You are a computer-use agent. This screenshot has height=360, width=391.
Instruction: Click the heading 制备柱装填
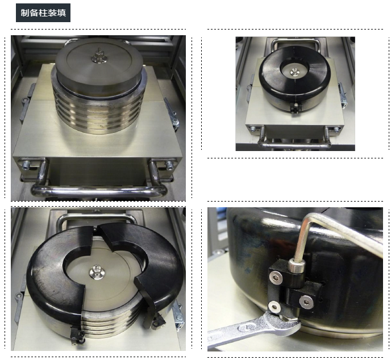[x=43, y=12]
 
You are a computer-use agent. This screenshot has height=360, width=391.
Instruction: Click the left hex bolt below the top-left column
[x=26, y=165]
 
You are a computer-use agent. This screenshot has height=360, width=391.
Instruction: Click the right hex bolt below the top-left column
[x=169, y=165]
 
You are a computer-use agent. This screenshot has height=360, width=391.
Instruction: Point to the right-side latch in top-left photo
[x=172, y=115]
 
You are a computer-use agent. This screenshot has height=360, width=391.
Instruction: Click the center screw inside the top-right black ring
[x=294, y=72]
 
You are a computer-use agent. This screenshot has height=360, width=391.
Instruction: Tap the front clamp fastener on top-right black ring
[x=295, y=108]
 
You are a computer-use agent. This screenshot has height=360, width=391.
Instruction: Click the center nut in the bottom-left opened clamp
[x=96, y=271]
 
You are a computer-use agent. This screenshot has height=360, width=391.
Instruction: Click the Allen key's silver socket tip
[x=297, y=266]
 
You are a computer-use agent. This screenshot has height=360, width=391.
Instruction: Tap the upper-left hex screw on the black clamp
[x=276, y=277]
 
